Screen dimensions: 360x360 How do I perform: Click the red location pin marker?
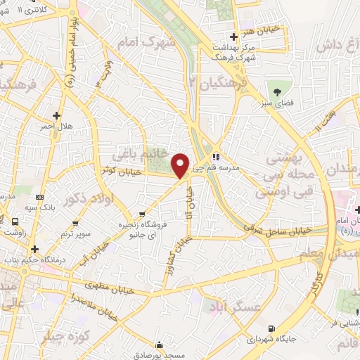coord(181,165)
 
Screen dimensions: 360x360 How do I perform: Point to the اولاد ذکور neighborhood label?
coord(86,198)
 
